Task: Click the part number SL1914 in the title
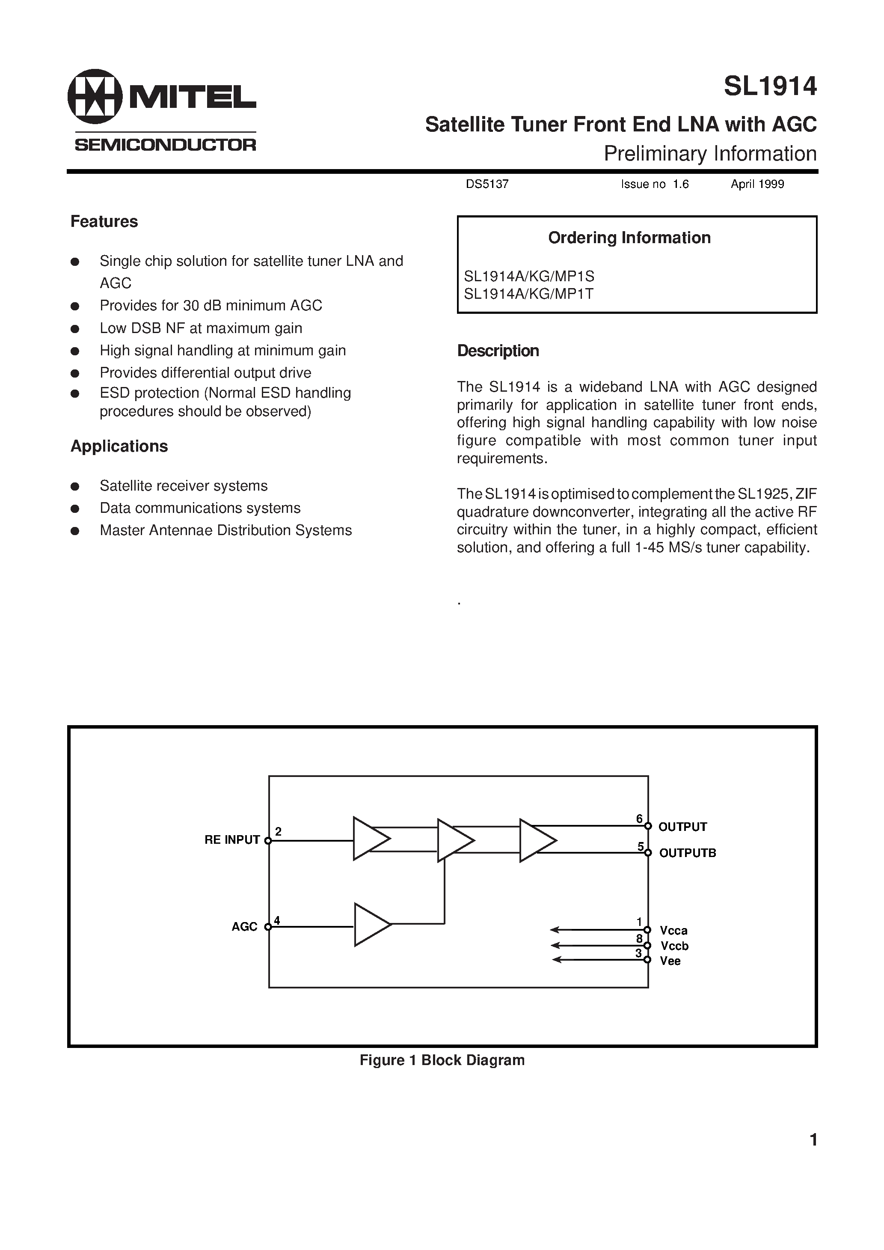(770, 86)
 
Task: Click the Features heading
(104, 222)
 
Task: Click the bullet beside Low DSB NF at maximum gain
(76, 329)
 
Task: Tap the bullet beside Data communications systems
(76, 509)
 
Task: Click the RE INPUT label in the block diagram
(232, 840)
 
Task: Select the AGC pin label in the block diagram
(244, 927)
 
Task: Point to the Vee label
(670, 961)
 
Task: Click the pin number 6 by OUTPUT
(639, 819)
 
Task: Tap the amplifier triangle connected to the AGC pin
(370, 924)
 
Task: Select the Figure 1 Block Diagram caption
(442, 1060)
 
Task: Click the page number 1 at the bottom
(813, 1140)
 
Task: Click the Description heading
(498, 351)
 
